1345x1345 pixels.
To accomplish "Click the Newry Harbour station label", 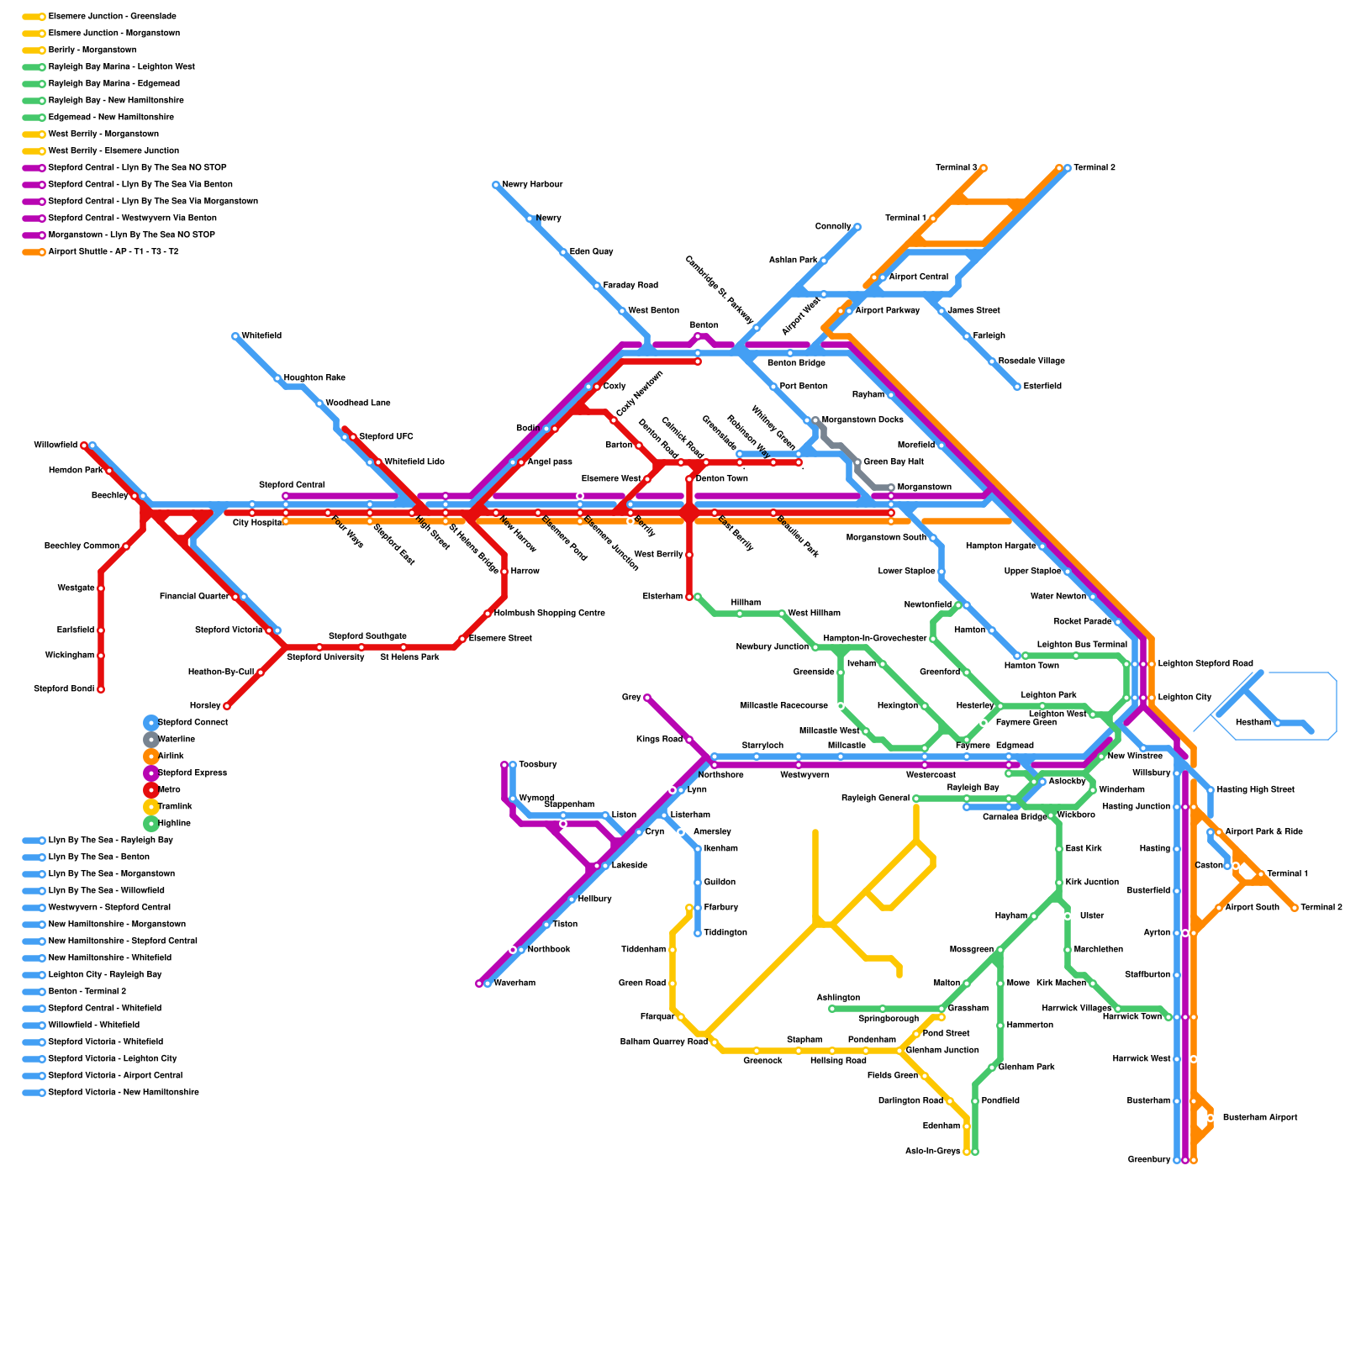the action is [532, 185].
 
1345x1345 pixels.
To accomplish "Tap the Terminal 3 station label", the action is [956, 168].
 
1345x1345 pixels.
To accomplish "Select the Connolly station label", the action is [833, 227].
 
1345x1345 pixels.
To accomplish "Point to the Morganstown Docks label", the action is [862, 420].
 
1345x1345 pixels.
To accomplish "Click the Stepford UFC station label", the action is [386, 437].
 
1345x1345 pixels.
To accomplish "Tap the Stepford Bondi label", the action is [64, 689].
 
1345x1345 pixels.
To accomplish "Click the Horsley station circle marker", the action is [227, 706].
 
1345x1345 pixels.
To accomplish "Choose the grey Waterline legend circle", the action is [151, 740].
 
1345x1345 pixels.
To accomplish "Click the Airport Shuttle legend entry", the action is [113, 252].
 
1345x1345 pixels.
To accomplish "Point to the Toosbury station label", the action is [537, 765].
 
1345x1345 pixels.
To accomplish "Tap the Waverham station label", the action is [514, 984].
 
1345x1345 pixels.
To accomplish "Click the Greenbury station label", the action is [1148, 1160].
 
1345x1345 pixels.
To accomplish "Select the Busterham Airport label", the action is [1259, 1118].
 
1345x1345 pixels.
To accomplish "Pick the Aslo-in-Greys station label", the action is [932, 1152].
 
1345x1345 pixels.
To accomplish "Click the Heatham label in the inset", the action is [1253, 723].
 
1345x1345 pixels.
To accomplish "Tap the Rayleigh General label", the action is [875, 799].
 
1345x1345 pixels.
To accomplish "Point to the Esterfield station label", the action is [1042, 387].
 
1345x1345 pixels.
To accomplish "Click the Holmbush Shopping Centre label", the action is [549, 614].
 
